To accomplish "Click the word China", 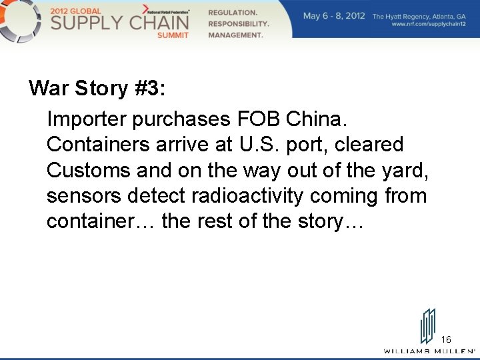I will click(x=316, y=119).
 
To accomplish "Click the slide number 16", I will click(x=446, y=339).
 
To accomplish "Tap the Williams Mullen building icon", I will click(x=427, y=325).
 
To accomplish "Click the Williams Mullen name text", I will click(x=427, y=351).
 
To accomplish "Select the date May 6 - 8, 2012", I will click(x=334, y=15).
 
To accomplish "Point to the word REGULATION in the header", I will click(x=233, y=13).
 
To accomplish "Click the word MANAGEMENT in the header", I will click(x=235, y=35).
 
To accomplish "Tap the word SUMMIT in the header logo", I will click(x=173, y=35).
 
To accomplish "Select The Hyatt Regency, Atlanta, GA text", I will click(x=419, y=15).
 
